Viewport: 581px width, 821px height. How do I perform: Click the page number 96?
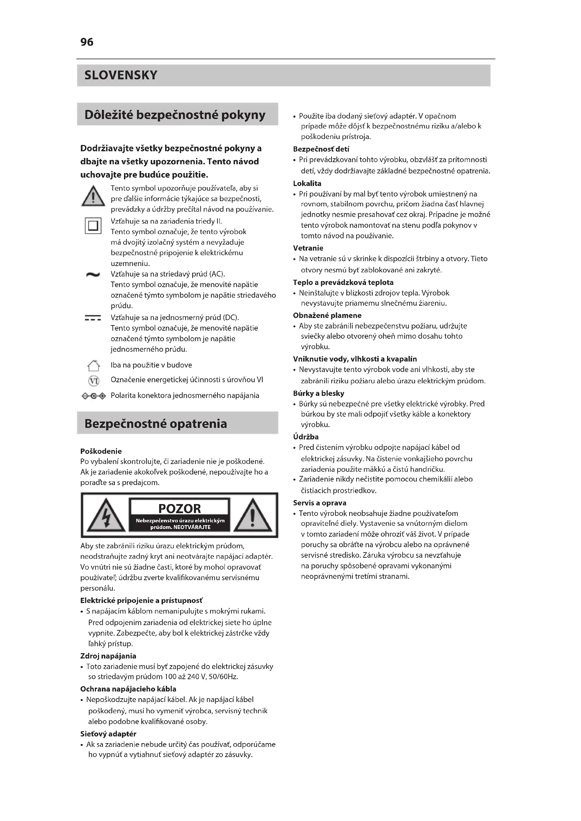pos(87,42)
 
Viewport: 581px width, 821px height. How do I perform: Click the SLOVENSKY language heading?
pos(121,75)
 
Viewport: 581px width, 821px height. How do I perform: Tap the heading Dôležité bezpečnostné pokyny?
pos(175,115)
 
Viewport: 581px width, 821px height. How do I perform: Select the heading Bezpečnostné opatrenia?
pos(156,423)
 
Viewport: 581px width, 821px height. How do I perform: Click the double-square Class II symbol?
pos(93,226)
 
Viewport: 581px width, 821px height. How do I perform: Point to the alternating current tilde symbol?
pos(93,274)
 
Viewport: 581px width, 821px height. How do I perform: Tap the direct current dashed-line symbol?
pos(93,318)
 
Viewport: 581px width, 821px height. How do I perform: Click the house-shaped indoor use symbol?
pos(93,365)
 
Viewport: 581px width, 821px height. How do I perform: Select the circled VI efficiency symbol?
pos(93,380)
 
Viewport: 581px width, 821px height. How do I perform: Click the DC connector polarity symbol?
pos(94,396)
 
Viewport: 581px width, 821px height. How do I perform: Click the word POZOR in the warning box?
pos(179,508)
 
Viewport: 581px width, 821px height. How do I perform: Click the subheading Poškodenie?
pos(101,451)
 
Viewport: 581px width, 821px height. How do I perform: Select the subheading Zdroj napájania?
pos(108,656)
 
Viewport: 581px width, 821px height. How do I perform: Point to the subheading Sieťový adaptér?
pos(108,734)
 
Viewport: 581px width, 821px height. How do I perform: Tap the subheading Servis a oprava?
pos(319,503)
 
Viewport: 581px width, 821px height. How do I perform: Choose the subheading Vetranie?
pos(308,248)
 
